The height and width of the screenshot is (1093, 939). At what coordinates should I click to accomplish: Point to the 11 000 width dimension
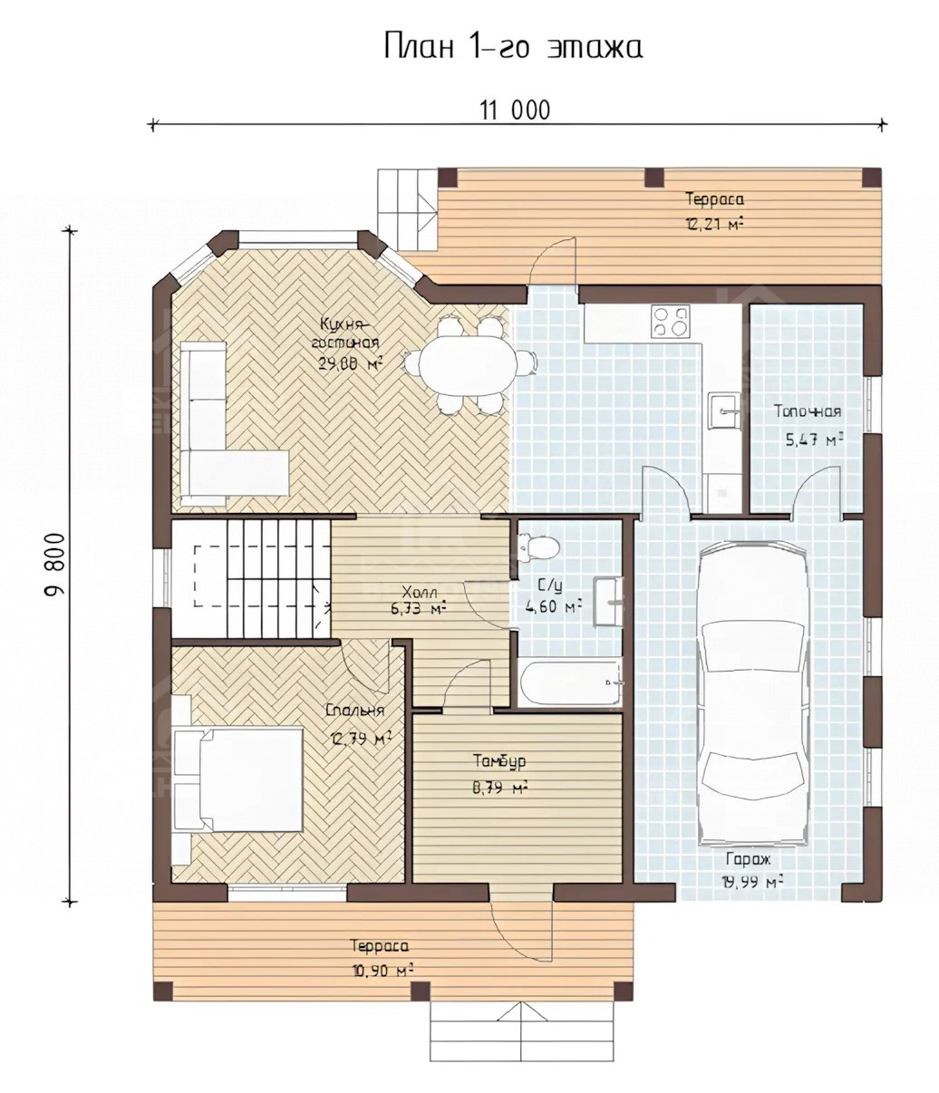[515, 111]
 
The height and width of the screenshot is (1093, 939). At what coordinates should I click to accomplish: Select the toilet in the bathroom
[538, 547]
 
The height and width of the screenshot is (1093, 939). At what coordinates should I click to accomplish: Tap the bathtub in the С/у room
[569, 682]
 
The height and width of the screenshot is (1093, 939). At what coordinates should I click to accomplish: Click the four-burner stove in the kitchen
[671, 322]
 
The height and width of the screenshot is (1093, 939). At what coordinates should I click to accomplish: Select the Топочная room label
[808, 411]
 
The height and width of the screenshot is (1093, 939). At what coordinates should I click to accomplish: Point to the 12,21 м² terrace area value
[714, 224]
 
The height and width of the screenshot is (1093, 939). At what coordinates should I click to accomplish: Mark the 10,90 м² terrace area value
[382, 971]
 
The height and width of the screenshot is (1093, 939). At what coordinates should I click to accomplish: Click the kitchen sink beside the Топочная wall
[724, 411]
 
